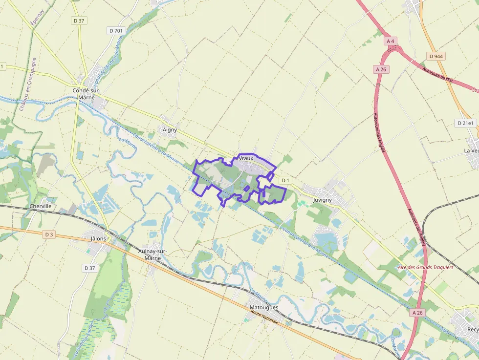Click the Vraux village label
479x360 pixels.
tap(246, 159)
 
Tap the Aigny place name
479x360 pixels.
tap(169, 130)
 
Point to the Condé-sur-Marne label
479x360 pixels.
tap(87, 94)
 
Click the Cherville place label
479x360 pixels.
tap(41, 206)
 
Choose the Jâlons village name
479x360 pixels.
tap(99, 239)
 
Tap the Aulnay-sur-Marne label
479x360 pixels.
tap(153, 254)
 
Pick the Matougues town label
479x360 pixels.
tap(263, 307)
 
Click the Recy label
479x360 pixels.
tap(473, 330)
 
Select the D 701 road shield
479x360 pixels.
tap(116, 31)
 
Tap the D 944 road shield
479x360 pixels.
tap(435, 56)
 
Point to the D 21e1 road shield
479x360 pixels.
tap(465, 123)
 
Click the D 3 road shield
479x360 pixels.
tap(48, 234)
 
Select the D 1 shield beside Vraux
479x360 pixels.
tap(285, 181)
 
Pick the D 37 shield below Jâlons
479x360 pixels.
tap(89, 268)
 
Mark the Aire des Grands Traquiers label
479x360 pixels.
tap(425, 267)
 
